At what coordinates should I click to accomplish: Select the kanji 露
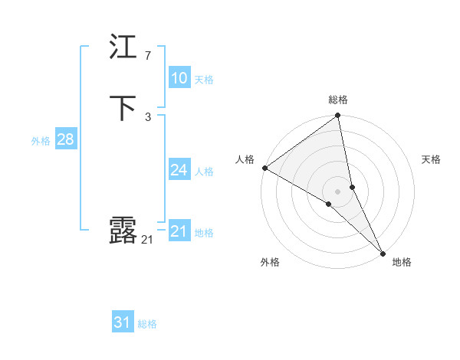tap(123, 230)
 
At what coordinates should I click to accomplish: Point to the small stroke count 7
tap(147, 56)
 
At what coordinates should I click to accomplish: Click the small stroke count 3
tap(147, 116)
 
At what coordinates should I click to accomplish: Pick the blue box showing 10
tap(179, 78)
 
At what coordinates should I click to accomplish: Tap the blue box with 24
tap(179, 170)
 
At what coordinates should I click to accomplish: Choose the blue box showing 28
tap(65, 139)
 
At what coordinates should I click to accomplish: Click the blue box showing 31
tap(123, 322)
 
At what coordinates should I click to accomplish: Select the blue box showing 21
tap(179, 231)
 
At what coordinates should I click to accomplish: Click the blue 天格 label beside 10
tap(204, 80)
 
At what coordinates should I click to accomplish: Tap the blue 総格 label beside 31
tap(147, 324)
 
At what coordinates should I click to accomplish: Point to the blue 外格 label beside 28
tap(40, 141)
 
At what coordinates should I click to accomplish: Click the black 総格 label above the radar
tap(338, 100)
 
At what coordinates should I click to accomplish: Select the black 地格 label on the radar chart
tap(402, 262)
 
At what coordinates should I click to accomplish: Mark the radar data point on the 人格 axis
tap(264, 168)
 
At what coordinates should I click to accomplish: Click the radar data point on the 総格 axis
tap(338, 116)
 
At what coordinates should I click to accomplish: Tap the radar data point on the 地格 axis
tap(383, 252)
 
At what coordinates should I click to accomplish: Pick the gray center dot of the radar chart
tap(338, 191)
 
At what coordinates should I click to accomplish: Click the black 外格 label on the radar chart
tap(270, 262)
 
